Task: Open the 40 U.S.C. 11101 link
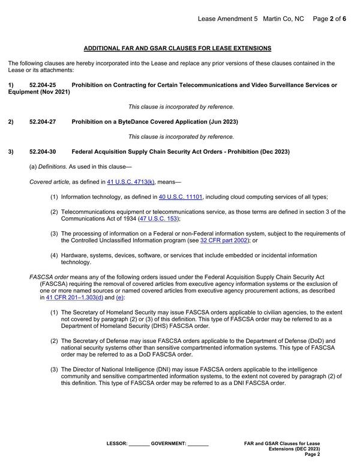point(181,196)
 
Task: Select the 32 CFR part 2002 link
point(224,240)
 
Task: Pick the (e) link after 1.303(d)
point(120,297)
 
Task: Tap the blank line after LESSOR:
point(139,444)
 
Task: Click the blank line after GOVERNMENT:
point(198,444)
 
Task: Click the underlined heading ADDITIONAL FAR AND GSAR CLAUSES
point(177,47)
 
